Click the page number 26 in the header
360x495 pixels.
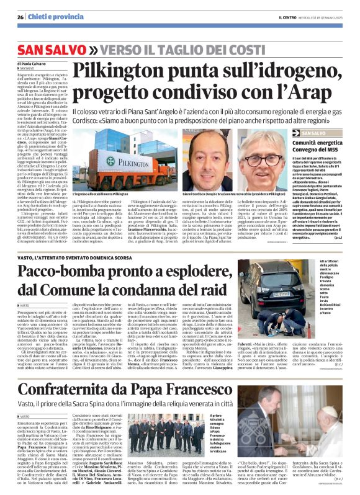pyautogui.click(x=20, y=17)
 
